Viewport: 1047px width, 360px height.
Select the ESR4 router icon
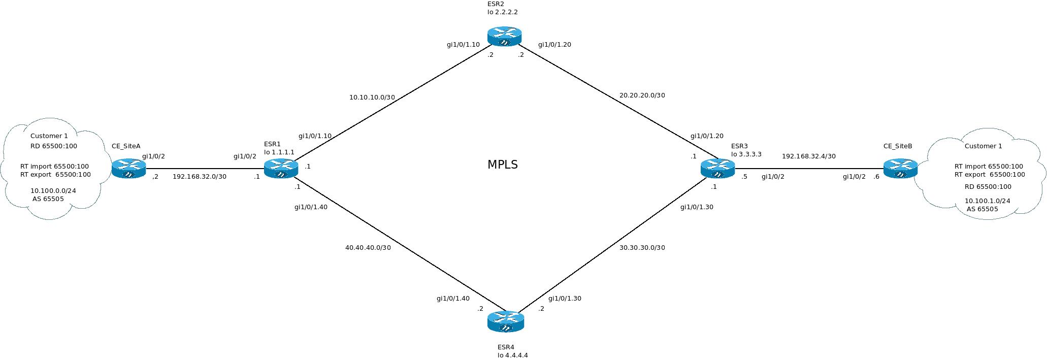505,321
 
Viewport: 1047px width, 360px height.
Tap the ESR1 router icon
281,169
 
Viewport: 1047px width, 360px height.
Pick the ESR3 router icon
717,169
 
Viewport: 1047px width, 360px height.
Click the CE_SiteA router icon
128,169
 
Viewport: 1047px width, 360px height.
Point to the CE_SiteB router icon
900,169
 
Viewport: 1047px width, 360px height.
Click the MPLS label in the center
502,165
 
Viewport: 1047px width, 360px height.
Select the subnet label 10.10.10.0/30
372,97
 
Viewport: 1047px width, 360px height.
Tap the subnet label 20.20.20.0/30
642,95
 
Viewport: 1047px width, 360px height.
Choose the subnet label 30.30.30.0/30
642,248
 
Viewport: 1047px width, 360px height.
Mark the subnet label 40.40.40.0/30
368,248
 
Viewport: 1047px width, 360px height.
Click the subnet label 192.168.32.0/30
200,177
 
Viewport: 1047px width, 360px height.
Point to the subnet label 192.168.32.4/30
808,156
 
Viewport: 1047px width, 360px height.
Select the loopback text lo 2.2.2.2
502,12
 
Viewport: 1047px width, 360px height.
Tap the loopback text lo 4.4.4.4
512,355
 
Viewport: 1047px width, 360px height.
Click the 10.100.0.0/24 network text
53,191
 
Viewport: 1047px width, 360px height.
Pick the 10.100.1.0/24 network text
987,201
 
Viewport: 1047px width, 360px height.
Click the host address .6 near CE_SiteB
876,177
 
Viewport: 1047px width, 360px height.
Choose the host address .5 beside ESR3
744,177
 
